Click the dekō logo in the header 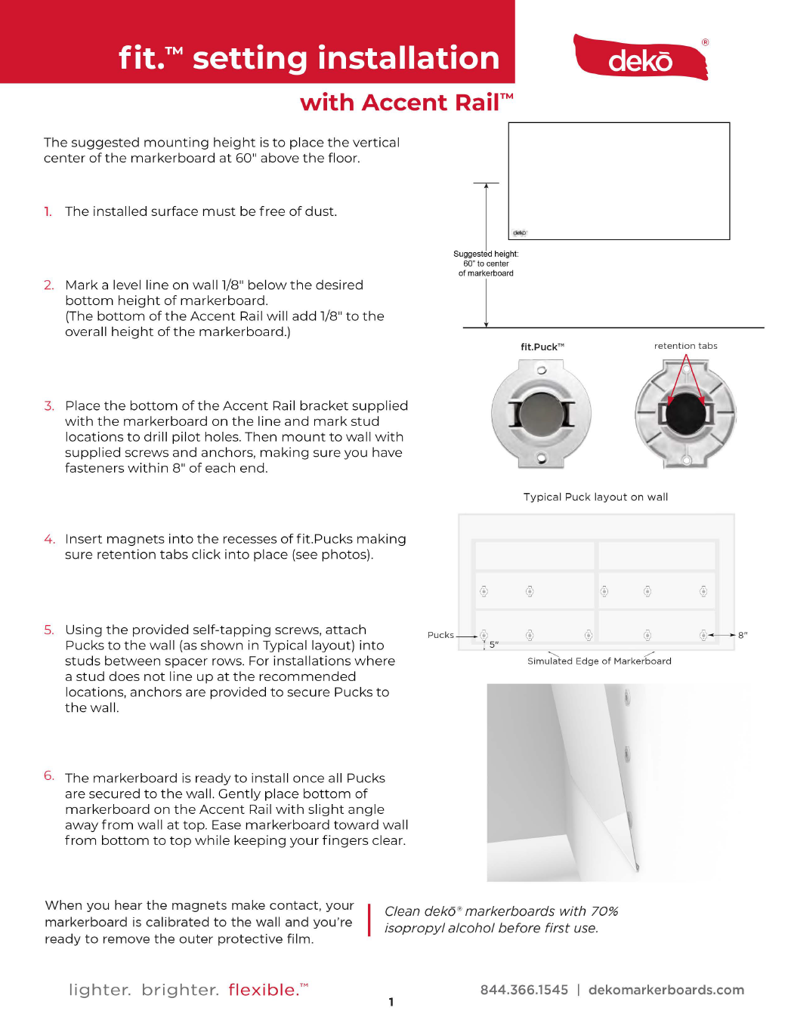pyautogui.click(x=641, y=58)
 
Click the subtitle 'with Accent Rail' pyautogui.click(x=406, y=102)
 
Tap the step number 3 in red pyautogui.click(x=49, y=406)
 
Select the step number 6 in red pyautogui.click(x=49, y=776)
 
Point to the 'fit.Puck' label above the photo pyautogui.click(x=542, y=347)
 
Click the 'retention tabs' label pyautogui.click(x=685, y=346)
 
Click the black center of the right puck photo pyautogui.click(x=685, y=413)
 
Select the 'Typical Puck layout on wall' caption pyautogui.click(x=595, y=497)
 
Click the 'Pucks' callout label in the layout pyautogui.click(x=440, y=635)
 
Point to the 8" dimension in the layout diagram pyautogui.click(x=743, y=636)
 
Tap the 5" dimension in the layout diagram pyautogui.click(x=494, y=645)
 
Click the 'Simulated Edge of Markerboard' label pyautogui.click(x=599, y=661)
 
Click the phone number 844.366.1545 pyautogui.click(x=524, y=990)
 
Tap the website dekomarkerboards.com pyautogui.click(x=666, y=990)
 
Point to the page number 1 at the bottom pyautogui.click(x=391, y=1003)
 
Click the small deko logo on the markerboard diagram pyautogui.click(x=520, y=233)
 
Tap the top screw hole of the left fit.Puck pyautogui.click(x=542, y=370)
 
